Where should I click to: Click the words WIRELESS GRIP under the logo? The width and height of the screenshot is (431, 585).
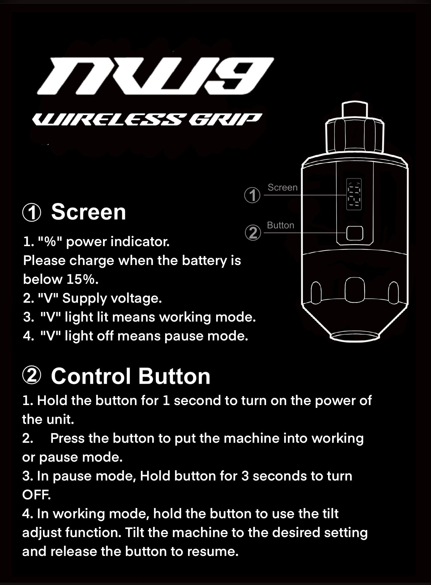click(x=147, y=119)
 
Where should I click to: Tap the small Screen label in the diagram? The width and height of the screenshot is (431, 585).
click(x=282, y=187)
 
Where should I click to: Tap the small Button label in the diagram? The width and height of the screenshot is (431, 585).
click(x=280, y=225)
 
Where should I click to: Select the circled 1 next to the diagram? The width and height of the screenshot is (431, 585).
click(x=252, y=195)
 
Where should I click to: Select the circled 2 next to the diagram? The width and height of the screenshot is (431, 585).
click(x=253, y=233)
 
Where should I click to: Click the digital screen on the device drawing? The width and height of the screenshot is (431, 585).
click(x=354, y=194)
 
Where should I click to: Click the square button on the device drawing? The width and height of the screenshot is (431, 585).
click(x=355, y=233)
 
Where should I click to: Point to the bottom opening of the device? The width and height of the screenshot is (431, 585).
click(x=355, y=336)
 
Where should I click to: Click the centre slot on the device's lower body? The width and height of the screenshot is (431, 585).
click(x=355, y=290)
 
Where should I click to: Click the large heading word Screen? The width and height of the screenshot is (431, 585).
click(x=88, y=212)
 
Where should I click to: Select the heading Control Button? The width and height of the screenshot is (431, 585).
click(x=130, y=376)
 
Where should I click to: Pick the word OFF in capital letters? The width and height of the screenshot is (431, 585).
click(x=36, y=495)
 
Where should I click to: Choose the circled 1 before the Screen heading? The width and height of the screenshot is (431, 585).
click(x=32, y=213)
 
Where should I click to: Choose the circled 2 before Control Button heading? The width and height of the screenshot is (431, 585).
click(x=32, y=376)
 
